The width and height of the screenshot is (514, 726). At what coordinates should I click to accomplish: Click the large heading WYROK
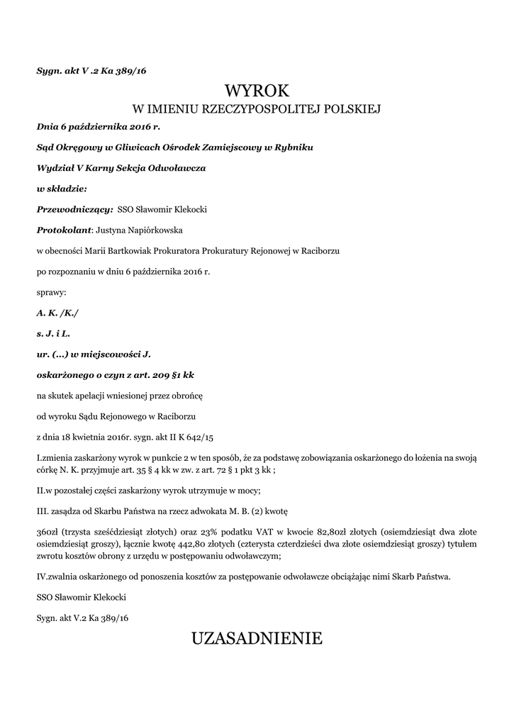tap(257, 91)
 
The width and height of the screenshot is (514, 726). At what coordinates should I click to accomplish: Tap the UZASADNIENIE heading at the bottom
tap(257, 639)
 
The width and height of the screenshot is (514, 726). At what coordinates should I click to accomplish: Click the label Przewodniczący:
tap(74, 209)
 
